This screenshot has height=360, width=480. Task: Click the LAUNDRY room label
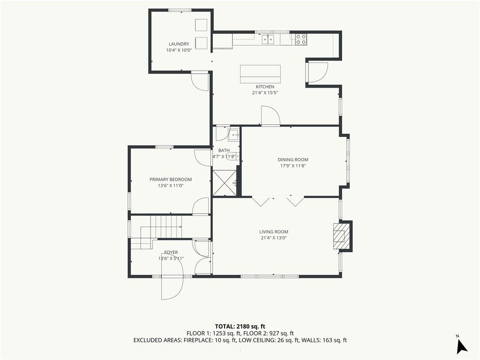click(x=179, y=44)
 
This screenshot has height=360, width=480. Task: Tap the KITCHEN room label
click(x=265, y=87)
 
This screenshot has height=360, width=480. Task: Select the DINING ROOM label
click(x=293, y=160)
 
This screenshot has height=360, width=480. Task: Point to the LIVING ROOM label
click(x=274, y=232)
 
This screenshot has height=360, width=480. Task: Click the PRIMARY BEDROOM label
click(x=171, y=180)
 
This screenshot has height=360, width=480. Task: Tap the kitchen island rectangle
click(x=260, y=74)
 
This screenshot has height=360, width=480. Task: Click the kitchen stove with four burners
click(x=301, y=39)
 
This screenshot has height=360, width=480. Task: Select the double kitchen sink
click(x=269, y=39)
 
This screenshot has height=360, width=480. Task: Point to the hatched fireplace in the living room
click(x=341, y=236)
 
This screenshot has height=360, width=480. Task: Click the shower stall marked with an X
click(x=225, y=183)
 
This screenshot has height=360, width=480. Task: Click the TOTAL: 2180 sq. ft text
click(x=240, y=326)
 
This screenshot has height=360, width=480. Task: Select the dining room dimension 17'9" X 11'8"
click(x=293, y=166)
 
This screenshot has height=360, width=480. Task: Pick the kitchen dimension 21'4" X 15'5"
click(x=265, y=93)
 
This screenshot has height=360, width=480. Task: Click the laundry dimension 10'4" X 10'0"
click(x=179, y=50)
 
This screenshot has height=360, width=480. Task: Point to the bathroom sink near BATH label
click(x=235, y=135)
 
